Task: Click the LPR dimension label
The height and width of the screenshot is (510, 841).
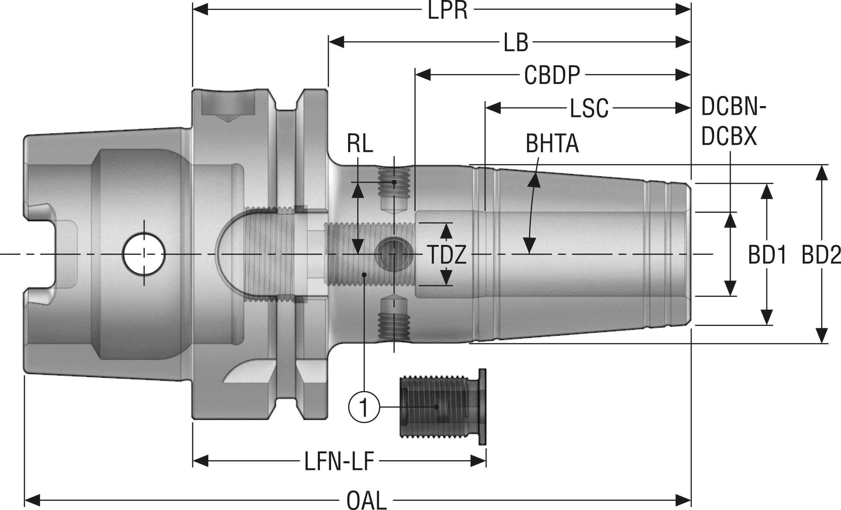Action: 447,11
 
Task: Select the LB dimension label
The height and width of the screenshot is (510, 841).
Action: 516,43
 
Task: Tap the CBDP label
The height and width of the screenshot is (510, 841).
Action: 552,75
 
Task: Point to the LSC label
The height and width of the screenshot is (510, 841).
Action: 589,109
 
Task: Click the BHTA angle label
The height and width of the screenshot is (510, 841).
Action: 552,144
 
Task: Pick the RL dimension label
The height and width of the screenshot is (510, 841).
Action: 360,144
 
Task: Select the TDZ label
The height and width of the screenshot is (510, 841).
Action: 446,255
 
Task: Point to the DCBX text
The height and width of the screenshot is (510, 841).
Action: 729,136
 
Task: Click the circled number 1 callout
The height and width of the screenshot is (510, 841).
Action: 364,407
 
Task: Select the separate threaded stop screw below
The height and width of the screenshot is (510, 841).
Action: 442,407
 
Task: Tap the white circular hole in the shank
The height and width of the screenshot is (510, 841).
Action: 144,254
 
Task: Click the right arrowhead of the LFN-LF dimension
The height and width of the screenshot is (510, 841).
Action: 478,461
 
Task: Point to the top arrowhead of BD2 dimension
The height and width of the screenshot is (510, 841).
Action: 822,172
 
